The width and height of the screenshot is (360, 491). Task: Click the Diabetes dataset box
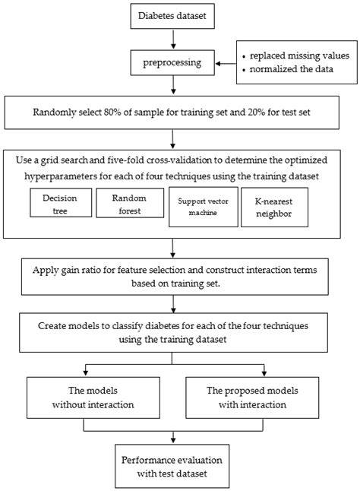point(172,16)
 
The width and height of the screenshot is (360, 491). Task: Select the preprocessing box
point(172,62)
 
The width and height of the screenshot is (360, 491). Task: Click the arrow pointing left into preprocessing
point(226,64)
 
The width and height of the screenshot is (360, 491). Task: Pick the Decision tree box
point(61,203)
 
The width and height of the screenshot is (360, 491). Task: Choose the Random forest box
point(130,203)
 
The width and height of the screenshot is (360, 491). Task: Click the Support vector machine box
point(204,207)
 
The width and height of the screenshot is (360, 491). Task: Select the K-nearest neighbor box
point(274,207)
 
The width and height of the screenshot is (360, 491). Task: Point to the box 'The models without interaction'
point(93,398)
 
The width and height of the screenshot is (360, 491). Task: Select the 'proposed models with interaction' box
point(252,398)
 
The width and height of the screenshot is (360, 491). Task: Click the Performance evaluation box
point(172,466)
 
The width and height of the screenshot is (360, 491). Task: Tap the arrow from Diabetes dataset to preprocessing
point(173,39)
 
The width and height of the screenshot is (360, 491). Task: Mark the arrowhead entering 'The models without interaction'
point(85,374)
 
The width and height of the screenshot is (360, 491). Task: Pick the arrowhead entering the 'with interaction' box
point(264,374)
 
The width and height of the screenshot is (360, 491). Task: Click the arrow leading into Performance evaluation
point(173,438)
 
